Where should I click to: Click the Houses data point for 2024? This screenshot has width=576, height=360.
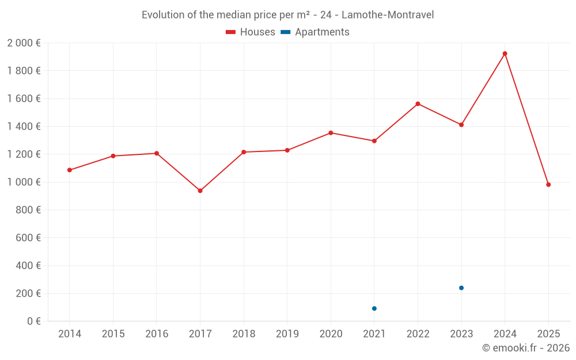pyautogui.click(x=505, y=54)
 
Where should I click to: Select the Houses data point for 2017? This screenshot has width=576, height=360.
pyautogui.click(x=200, y=191)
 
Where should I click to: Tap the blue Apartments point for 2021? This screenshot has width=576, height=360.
pyautogui.click(x=374, y=309)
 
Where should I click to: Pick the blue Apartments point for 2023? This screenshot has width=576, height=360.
pyautogui.click(x=461, y=288)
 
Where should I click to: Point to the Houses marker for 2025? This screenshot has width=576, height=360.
pyautogui.click(x=548, y=185)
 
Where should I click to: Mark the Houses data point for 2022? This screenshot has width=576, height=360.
pyautogui.click(x=418, y=104)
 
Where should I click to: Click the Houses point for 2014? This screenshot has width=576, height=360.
pyautogui.click(x=70, y=170)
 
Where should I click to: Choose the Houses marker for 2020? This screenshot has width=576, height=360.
pyautogui.click(x=331, y=133)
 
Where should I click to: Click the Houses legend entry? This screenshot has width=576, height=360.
pyautogui.click(x=251, y=32)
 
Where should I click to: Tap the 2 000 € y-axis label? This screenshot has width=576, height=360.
pyautogui.click(x=24, y=43)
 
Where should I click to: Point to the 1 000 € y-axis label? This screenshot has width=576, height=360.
pyautogui.click(x=24, y=182)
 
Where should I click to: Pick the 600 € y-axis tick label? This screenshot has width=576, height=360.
pyautogui.click(x=27, y=238)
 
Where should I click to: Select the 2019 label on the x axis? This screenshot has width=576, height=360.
pyautogui.click(x=287, y=334)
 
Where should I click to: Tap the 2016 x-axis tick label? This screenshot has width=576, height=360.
pyautogui.click(x=157, y=334)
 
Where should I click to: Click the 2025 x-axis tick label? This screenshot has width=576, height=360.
pyautogui.click(x=548, y=334)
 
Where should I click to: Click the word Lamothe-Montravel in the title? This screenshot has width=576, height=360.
pyautogui.click(x=388, y=15)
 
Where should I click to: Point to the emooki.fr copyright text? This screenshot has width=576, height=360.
pyautogui.click(x=526, y=348)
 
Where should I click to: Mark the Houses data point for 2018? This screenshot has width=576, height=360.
pyautogui.click(x=244, y=152)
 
